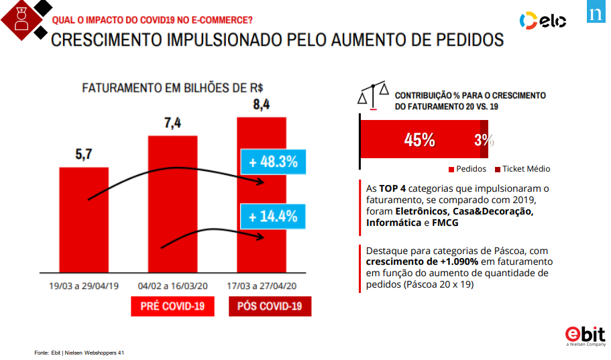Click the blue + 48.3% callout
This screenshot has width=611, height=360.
[x=273, y=162]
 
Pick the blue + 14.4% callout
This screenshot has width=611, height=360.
[x=273, y=217]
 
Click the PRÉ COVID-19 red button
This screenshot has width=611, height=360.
[x=172, y=306]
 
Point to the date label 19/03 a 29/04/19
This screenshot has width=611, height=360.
[x=84, y=286]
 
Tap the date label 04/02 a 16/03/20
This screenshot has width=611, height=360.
[x=172, y=286]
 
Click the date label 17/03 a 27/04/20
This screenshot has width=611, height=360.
[x=262, y=286]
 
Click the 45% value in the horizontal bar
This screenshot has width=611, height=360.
[x=419, y=140]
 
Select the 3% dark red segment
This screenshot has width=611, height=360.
[x=484, y=140]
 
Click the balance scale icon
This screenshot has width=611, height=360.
[x=374, y=95]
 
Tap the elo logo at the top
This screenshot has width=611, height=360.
[x=543, y=21]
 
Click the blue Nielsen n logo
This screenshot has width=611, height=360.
[x=596, y=12]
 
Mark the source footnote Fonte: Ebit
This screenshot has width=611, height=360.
[x=80, y=353]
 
